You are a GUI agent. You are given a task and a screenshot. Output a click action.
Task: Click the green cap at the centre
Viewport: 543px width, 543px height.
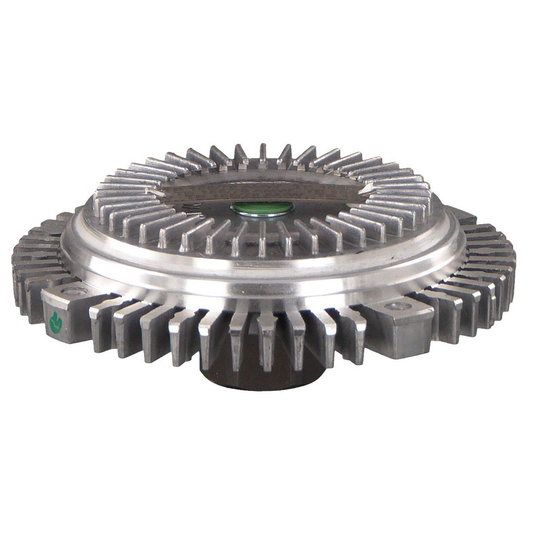tap(263, 208)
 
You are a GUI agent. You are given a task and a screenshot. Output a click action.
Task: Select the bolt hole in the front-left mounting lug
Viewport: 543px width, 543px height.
tap(74, 291)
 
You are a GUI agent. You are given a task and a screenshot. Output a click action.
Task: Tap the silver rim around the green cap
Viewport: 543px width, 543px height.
tap(263, 215)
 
